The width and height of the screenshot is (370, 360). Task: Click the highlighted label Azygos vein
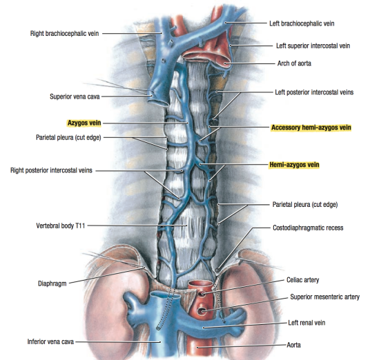coord(84,123)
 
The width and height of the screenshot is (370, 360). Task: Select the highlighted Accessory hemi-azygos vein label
coord(311,128)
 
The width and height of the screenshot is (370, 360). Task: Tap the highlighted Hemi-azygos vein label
coord(294,165)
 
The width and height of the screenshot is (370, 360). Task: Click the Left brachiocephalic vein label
coord(302,23)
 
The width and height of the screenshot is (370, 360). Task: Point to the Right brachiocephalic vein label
coord(64,34)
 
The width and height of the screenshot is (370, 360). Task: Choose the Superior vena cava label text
coord(75,97)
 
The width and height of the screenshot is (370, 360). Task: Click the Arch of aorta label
coord(294,63)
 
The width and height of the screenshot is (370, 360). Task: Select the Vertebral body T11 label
coord(61,226)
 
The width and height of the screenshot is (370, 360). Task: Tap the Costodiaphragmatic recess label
coord(308,228)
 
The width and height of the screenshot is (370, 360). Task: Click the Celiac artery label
coord(303,280)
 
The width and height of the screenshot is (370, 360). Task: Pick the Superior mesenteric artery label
coord(324,297)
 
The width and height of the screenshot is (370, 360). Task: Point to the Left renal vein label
coord(306,323)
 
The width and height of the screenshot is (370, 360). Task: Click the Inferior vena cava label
coord(50,341)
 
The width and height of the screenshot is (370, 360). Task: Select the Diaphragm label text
coord(52,283)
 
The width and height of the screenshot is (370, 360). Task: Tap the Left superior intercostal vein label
coord(313,46)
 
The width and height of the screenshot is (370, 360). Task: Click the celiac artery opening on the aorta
coord(202,294)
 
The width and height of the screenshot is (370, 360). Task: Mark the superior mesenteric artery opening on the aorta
coord(202,312)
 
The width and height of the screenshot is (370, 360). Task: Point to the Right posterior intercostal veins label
coord(51,170)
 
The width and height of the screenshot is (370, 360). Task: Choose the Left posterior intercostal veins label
coord(314,92)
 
